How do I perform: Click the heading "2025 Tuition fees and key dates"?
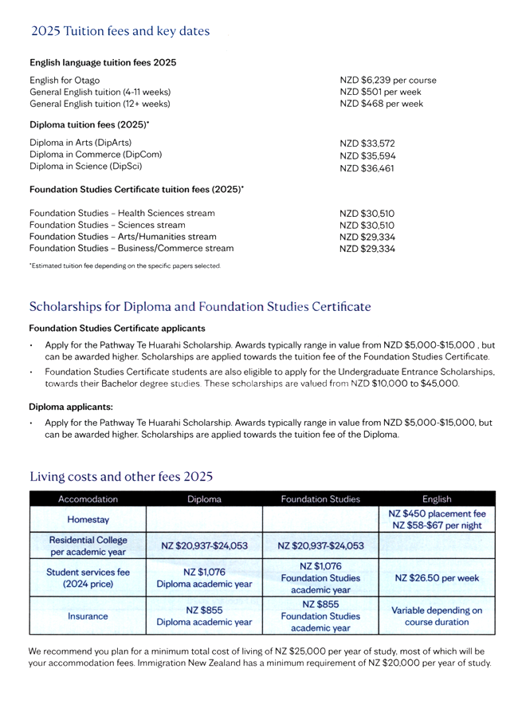click(120, 31)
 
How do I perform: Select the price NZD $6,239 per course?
click(388, 81)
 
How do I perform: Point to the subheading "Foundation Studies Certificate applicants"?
click(117, 328)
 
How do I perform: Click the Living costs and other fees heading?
click(121, 477)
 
